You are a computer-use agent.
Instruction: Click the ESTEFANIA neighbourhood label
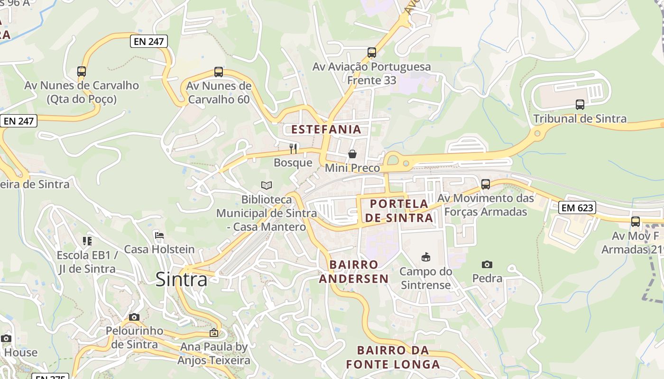(326, 129)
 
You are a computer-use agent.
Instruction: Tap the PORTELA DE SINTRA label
(399, 211)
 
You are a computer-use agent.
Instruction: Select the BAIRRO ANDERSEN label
(354, 271)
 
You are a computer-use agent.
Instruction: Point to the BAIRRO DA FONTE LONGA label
(394, 357)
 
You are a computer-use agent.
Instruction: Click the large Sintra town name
(181, 280)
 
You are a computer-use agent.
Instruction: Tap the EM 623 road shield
(577, 208)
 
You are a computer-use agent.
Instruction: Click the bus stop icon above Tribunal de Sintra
(580, 105)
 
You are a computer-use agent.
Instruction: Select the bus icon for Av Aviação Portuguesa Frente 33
(372, 53)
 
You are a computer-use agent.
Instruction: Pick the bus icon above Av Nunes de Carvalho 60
(218, 72)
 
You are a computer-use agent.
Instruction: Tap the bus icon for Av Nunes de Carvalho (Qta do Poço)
(82, 72)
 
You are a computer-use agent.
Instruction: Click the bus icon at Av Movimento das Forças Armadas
(485, 184)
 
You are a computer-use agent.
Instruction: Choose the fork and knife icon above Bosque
(293, 149)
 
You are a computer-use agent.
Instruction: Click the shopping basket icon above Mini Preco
(352, 154)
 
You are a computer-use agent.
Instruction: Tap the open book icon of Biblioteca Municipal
(267, 186)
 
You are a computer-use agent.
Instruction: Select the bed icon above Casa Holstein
(159, 235)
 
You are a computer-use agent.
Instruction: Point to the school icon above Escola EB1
(87, 241)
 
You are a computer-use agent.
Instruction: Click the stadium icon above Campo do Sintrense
(425, 257)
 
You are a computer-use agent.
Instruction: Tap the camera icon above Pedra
(487, 264)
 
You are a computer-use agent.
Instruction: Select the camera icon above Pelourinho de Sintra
(134, 317)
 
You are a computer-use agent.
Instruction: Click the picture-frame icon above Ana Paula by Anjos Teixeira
(214, 333)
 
